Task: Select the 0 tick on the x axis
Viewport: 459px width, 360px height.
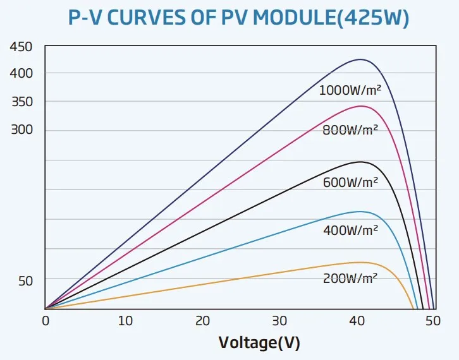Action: pyautogui.click(x=46, y=321)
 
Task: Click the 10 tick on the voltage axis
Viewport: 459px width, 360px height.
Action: pyautogui.click(x=125, y=321)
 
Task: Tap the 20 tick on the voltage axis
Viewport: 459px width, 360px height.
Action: pyautogui.click(x=202, y=321)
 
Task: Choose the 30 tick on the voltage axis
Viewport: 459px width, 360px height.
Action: pyautogui.click(x=279, y=321)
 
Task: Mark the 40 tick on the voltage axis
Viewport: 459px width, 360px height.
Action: pyautogui.click(x=357, y=321)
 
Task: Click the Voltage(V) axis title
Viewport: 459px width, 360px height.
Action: pyautogui.click(x=259, y=343)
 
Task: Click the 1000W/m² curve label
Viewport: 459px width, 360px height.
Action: pyautogui.click(x=350, y=90)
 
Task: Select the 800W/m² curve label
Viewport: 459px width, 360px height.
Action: pyautogui.click(x=350, y=131)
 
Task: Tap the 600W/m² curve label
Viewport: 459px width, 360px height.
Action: pyautogui.click(x=350, y=183)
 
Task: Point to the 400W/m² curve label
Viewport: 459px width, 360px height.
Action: pyautogui.click(x=350, y=231)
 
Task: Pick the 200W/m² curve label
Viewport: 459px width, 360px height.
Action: pyautogui.click(x=350, y=279)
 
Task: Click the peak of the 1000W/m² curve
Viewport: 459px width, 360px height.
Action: pyautogui.click(x=360, y=59)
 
